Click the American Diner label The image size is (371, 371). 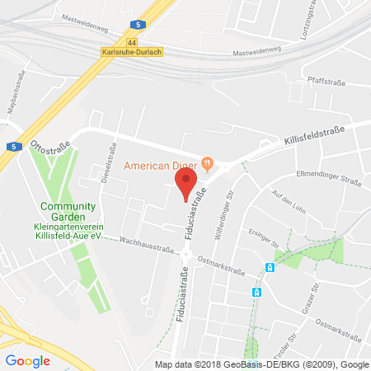[162, 165]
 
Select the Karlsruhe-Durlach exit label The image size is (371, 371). [132, 51]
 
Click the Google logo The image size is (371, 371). [27, 360]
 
